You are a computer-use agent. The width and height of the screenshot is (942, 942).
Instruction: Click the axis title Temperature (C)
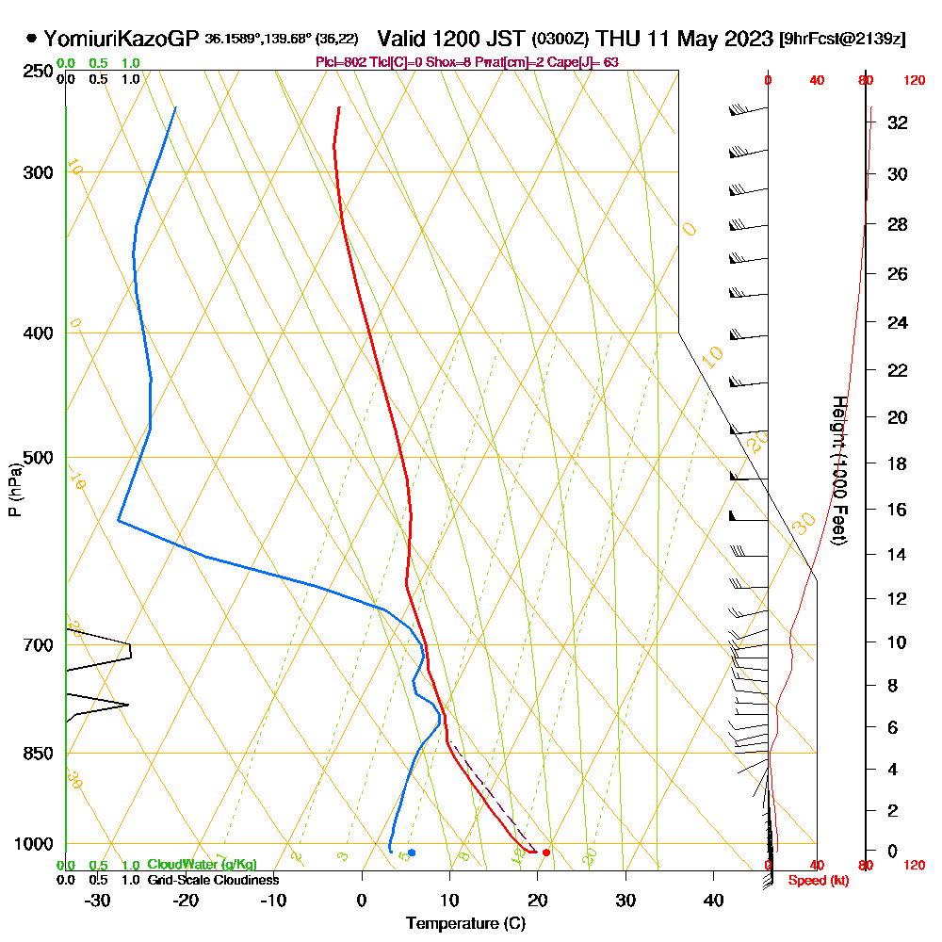(x=465, y=923)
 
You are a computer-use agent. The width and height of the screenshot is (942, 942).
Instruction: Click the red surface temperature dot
(x=546, y=853)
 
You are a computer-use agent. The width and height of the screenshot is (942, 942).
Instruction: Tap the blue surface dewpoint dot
(x=412, y=853)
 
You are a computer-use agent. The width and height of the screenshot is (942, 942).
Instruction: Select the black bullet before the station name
(x=32, y=39)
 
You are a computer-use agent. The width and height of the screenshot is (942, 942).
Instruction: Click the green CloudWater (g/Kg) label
(x=202, y=865)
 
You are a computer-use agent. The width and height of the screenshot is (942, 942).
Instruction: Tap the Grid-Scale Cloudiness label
(x=213, y=880)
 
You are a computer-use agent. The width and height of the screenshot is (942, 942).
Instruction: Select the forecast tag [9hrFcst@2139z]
(x=843, y=40)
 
